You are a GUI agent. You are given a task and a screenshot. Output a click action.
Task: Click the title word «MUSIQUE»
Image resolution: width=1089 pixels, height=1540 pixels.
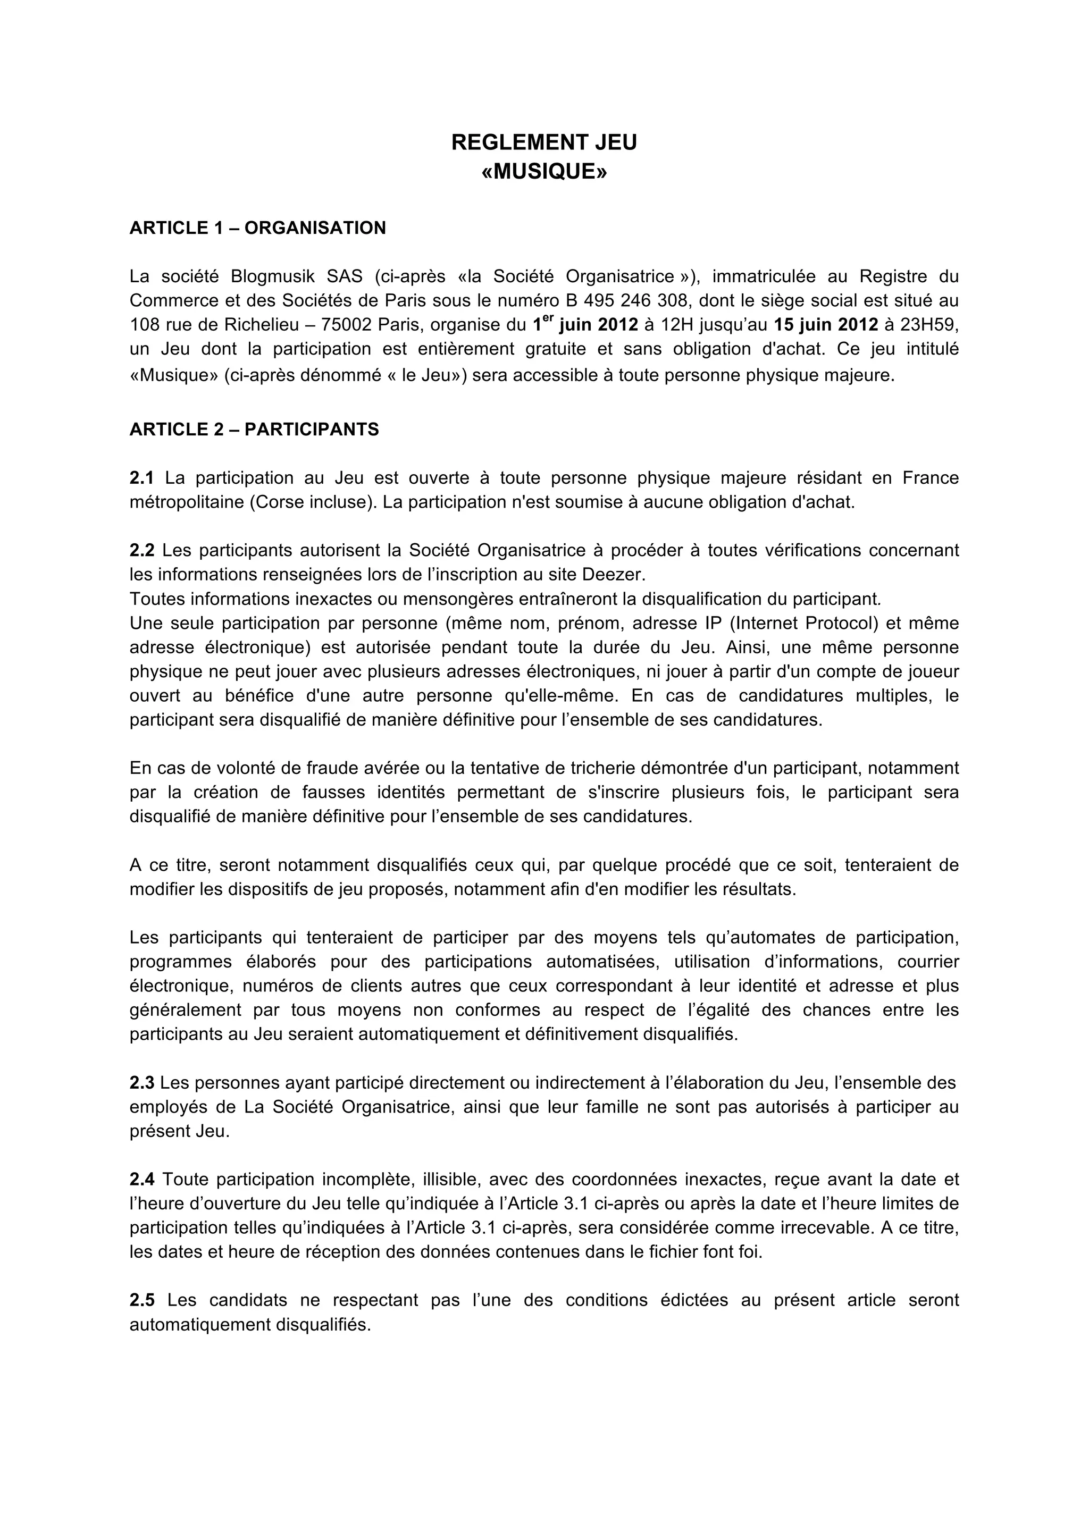click(544, 172)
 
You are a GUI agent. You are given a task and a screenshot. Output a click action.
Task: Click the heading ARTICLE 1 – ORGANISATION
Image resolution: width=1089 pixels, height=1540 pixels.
click(258, 228)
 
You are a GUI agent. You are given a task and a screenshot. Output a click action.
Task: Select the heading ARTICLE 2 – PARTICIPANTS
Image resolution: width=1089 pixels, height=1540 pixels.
click(254, 430)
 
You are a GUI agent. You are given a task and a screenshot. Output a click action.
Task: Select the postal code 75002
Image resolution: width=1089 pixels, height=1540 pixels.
click(346, 325)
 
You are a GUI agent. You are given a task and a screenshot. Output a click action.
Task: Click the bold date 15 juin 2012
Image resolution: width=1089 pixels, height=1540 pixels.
click(826, 325)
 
